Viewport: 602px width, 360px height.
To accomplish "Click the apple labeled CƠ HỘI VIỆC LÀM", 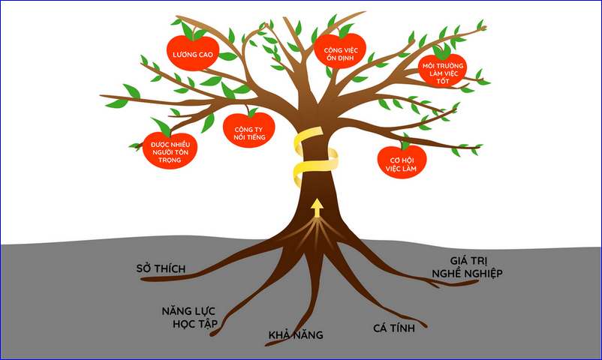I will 402,163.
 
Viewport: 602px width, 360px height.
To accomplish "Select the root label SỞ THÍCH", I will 161,268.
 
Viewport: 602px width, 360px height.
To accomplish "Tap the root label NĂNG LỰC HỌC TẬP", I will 189,316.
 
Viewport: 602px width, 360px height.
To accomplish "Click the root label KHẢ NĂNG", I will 296,335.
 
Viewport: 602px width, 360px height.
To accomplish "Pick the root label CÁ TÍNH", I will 392,328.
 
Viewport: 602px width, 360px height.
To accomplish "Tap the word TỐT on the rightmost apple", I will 443,80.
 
